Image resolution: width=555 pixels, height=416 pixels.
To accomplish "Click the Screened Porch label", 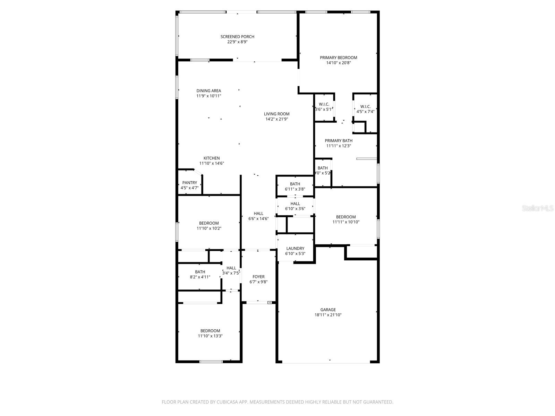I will [237, 37].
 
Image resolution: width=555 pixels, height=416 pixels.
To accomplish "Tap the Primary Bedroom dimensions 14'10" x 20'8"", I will [338, 63].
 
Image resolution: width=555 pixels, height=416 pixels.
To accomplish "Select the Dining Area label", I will [208, 91].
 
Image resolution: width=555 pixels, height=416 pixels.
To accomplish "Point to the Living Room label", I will [276, 114].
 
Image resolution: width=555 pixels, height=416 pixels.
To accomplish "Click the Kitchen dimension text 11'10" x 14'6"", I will [212, 163].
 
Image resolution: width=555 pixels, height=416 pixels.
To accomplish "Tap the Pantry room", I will [189, 185].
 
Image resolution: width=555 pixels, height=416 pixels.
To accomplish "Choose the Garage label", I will [328, 310].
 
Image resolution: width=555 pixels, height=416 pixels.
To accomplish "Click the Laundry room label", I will [295, 248].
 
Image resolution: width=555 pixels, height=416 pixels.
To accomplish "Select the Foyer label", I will [258, 277].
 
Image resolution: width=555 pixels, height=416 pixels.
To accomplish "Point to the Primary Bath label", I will [339, 141].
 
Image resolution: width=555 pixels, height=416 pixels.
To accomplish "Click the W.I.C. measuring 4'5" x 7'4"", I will [365, 109].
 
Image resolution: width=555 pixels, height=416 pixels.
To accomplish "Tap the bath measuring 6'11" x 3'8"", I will [295, 187].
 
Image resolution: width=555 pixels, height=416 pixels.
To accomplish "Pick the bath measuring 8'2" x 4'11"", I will [200, 274].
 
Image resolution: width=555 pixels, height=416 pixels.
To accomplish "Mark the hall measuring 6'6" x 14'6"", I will [258, 216].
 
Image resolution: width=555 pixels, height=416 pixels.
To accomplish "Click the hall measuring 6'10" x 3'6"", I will [295, 206].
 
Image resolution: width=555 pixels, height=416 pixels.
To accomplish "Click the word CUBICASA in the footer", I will [226, 402].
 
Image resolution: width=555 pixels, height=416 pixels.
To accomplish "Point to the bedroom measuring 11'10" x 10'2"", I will [209, 226].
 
